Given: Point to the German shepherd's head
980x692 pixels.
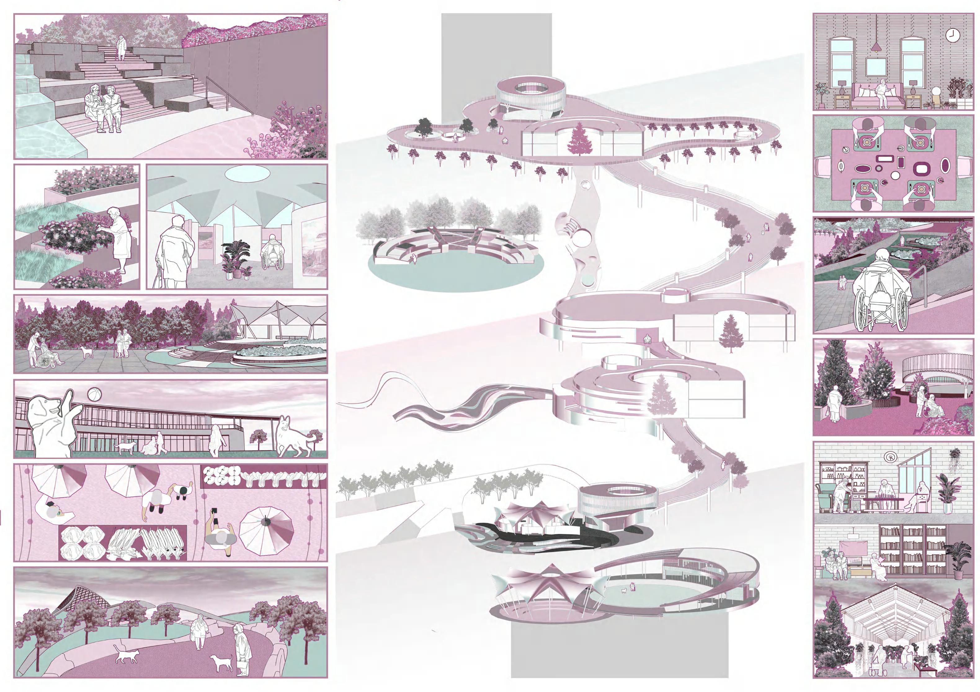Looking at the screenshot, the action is tap(285, 423).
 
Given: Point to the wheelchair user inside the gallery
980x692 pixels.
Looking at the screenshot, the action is tap(271, 255).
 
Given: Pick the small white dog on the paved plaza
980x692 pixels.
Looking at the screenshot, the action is tap(87, 351).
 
